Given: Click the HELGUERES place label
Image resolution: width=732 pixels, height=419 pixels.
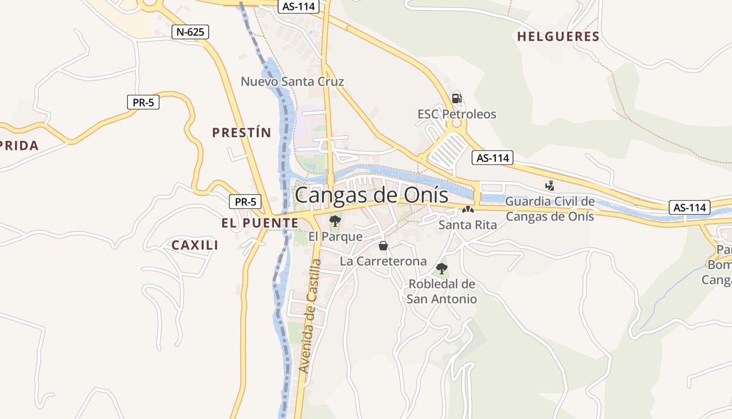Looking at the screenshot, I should [558, 37].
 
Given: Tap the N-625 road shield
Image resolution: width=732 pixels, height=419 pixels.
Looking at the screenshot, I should [190, 32].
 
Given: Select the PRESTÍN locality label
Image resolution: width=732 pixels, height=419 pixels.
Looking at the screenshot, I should [242, 133].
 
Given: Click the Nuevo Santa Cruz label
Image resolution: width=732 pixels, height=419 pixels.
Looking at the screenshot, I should [292, 82].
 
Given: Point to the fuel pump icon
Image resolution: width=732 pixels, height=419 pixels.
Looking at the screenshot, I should [456, 98].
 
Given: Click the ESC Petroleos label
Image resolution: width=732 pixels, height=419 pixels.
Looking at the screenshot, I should [456, 114].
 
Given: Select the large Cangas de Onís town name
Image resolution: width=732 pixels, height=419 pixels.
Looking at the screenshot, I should [371, 195].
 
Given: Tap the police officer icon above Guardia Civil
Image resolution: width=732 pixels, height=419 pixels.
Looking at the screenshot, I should [550, 185].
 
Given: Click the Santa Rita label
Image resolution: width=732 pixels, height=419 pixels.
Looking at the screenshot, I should [467, 225].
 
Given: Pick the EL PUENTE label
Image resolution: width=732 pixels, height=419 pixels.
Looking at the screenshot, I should [260, 223].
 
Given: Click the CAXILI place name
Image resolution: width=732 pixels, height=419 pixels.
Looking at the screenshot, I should [195, 245].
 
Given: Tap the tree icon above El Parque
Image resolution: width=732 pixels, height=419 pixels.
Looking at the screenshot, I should [335, 221].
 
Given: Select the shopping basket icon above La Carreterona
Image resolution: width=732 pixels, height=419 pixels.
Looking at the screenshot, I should [383, 246].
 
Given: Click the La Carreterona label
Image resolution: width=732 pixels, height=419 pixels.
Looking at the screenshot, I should [383, 261].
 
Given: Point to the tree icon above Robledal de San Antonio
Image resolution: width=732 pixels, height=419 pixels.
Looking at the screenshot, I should [442, 269].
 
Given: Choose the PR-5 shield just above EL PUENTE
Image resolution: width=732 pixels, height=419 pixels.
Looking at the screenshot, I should [245, 201].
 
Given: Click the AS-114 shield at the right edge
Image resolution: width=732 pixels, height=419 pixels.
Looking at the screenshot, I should [690, 207].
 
